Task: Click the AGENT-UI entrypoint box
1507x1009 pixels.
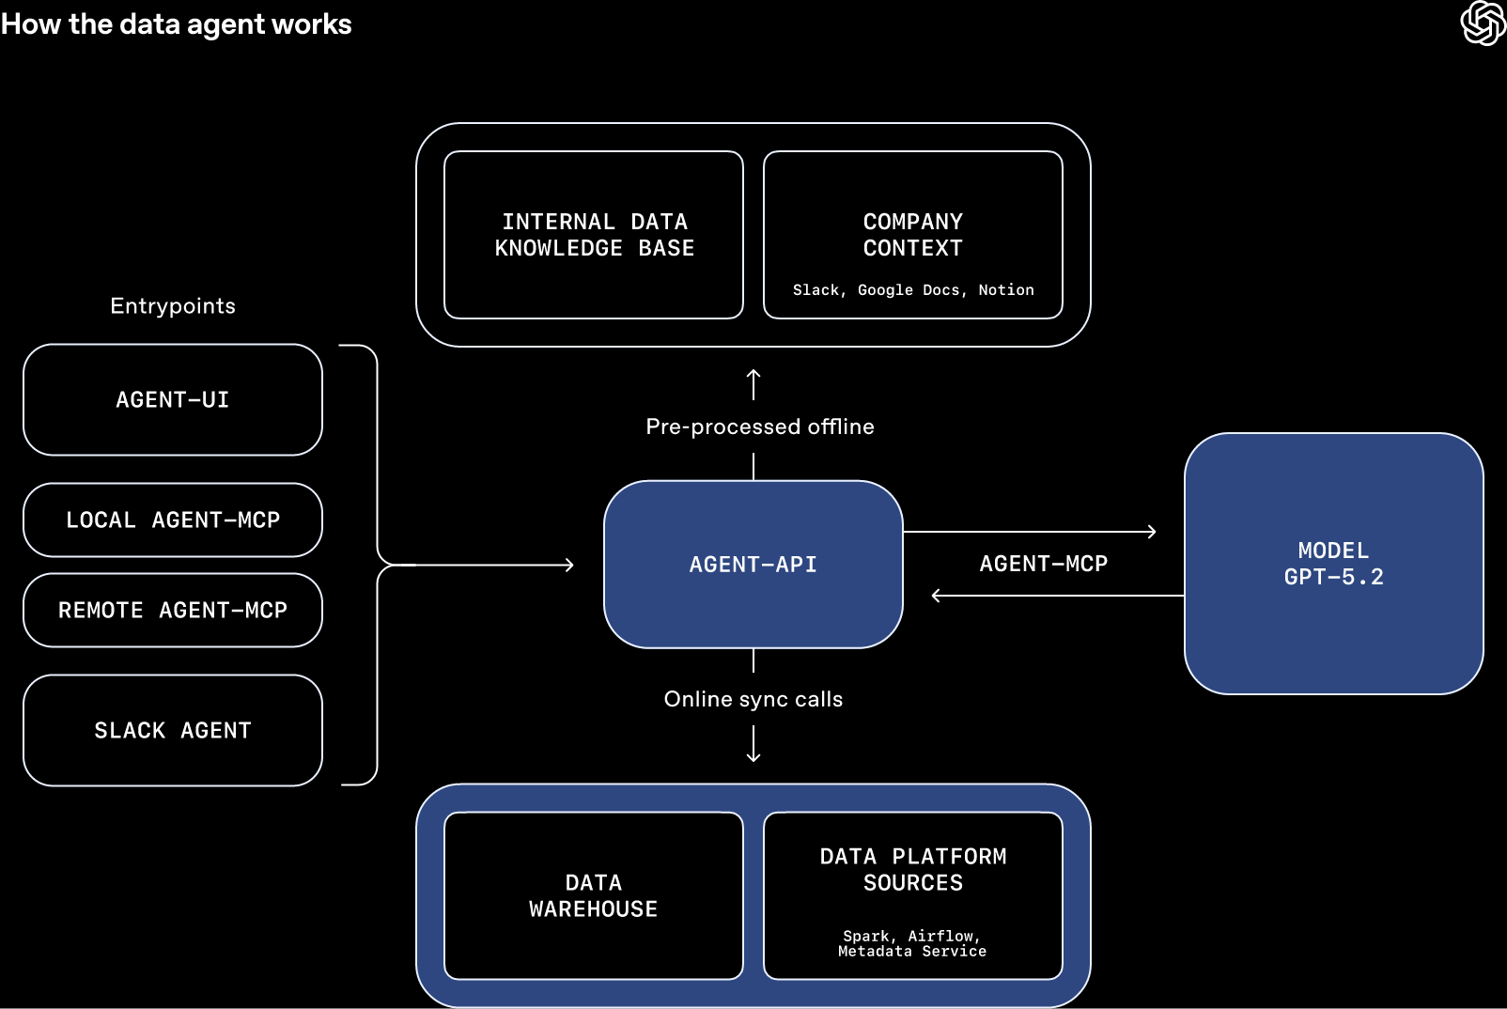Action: coord(173,400)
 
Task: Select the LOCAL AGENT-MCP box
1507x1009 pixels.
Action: coord(173,520)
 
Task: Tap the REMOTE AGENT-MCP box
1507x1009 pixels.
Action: coord(173,611)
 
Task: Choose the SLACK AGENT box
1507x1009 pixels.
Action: coord(173,731)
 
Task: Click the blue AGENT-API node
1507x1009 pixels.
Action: coord(753,565)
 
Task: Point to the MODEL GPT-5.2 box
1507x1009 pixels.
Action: coord(1333,564)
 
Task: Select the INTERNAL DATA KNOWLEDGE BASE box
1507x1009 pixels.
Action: coord(594,235)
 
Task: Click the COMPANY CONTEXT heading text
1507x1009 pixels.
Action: coord(912,235)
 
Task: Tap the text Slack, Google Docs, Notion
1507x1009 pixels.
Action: coord(912,290)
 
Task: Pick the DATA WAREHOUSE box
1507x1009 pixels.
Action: coord(594,896)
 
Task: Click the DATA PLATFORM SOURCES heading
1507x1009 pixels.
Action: coord(912,870)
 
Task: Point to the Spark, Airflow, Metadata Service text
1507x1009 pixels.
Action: coord(912,944)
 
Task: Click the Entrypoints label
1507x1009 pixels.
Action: coord(173,306)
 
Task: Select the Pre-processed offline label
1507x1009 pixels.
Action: coord(759,427)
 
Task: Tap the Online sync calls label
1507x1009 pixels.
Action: coord(753,700)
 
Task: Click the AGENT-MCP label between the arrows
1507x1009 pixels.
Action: coord(1043,564)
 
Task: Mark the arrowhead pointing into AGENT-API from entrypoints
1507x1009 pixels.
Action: coord(569,565)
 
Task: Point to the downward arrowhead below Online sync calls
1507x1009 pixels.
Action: coord(753,757)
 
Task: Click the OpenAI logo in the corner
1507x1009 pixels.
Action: coord(1483,23)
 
